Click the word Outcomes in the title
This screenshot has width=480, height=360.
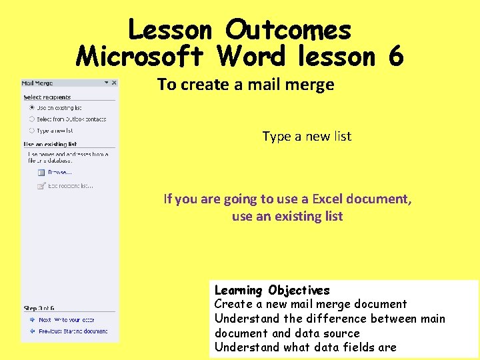(x=288, y=30)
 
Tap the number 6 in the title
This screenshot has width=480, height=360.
(x=395, y=57)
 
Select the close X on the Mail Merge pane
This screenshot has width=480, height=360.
(x=114, y=83)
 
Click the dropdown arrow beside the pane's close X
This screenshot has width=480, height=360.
(x=107, y=83)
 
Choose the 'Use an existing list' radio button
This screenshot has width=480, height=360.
(x=31, y=107)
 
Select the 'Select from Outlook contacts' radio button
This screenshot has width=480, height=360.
(x=31, y=119)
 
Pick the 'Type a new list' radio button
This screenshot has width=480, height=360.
(x=31, y=131)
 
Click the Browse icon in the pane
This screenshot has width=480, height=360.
(x=41, y=172)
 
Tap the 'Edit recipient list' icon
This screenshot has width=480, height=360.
(x=41, y=185)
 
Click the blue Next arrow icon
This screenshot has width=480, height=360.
(x=31, y=320)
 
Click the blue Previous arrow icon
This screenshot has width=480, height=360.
(x=31, y=331)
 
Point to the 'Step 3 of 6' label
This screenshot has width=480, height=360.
(x=39, y=308)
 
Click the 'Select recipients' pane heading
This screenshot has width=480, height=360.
(x=47, y=97)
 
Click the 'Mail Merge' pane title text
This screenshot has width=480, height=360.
(x=37, y=83)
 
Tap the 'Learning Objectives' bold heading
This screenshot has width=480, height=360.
(x=272, y=290)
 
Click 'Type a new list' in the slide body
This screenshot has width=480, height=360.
(x=307, y=136)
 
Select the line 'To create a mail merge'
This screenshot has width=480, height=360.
(x=245, y=85)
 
